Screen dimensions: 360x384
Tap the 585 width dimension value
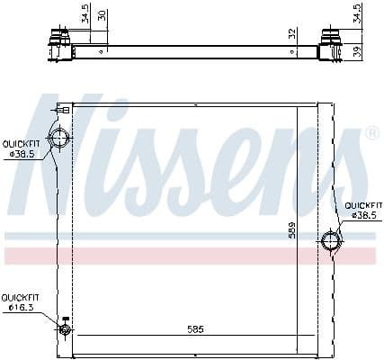pyautogui.click(x=195, y=329)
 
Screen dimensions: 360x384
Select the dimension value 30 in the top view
pyautogui.click(x=102, y=15)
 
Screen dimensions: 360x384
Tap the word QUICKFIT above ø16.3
pyautogui.click(x=18, y=297)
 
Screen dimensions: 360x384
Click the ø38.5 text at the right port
pyautogui.click(x=362, y=216)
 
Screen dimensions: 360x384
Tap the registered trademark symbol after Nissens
pyautogui.click(x=371, y=134)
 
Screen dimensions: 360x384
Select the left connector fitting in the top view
pyautogui.click(x=58, y=41)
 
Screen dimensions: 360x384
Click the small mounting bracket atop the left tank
pyautogui.click(x=62, y=109)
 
